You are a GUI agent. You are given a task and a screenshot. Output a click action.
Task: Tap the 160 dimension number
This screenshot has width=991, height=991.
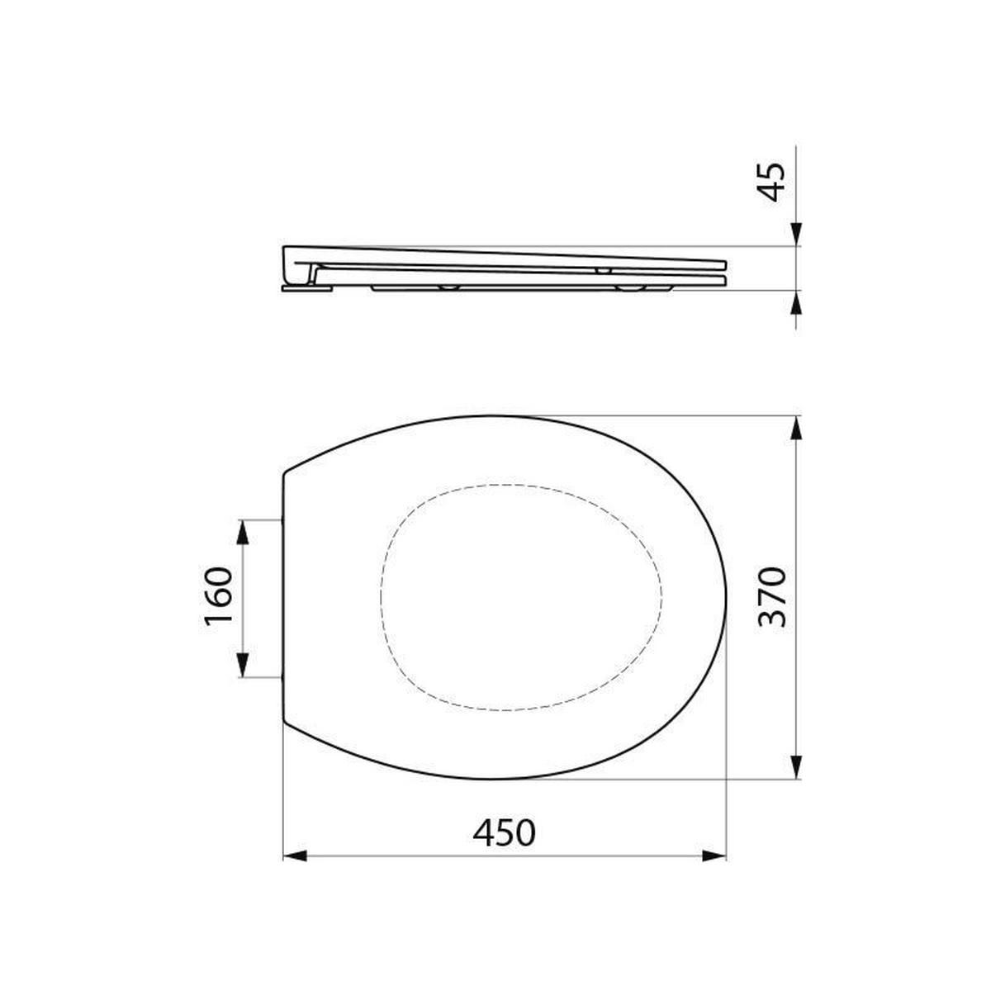tap(218, 598)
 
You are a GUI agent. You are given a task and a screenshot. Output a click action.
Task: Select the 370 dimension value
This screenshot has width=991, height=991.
tap(771, 597)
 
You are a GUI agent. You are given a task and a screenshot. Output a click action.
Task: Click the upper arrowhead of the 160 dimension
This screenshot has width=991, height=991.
tap(243, 533)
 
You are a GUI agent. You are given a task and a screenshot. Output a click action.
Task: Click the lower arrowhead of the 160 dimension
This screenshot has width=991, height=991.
tap(243, 664)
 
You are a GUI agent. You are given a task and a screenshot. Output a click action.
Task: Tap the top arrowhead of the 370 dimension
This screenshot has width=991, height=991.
tap(796, 429)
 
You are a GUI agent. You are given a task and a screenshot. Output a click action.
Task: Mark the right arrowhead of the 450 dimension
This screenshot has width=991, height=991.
tap(714, 857)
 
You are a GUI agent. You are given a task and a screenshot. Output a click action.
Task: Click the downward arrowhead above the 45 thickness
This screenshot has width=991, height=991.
tap(796, 234)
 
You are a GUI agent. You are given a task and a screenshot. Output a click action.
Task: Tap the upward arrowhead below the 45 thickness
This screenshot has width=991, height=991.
tap(796, 303)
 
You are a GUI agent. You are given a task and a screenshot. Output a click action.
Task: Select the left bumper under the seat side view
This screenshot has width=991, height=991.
tap(450, 287)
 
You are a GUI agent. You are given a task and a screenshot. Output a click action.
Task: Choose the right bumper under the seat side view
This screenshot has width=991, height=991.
tap(629, 287)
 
